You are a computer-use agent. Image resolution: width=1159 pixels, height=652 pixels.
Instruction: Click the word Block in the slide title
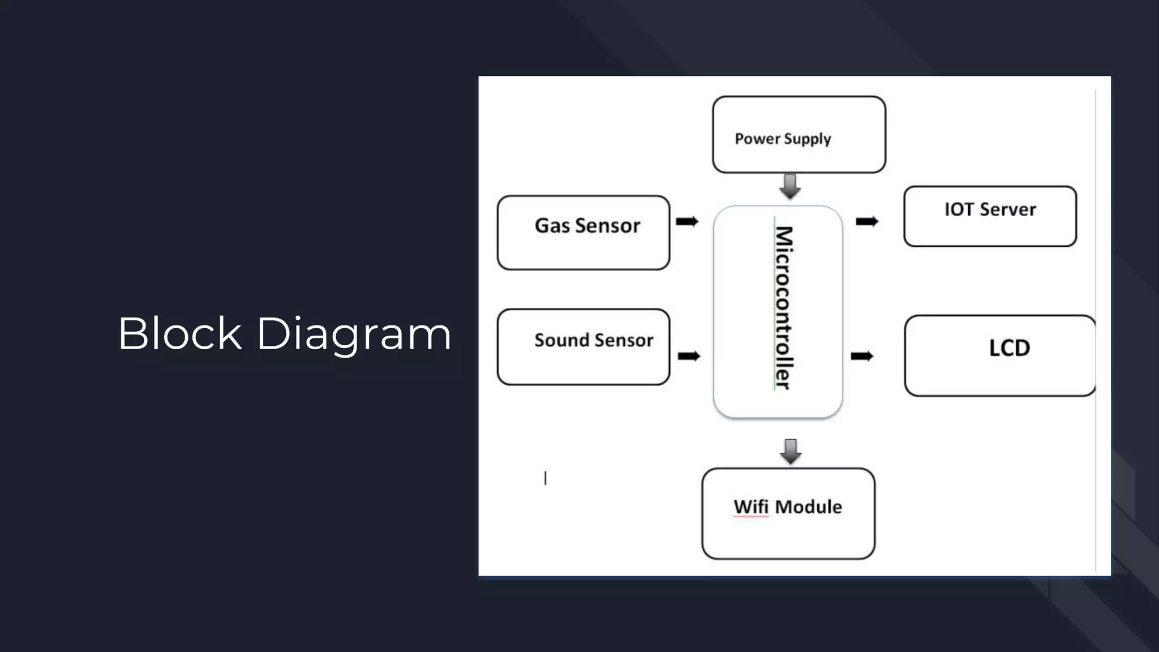(x=180, y=333)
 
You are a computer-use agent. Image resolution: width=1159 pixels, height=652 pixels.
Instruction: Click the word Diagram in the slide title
(x=354, y=334)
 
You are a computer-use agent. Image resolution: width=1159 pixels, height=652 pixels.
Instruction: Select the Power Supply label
(x=783, y=139)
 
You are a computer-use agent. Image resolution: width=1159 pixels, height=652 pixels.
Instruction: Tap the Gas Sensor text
(x=587, y=226)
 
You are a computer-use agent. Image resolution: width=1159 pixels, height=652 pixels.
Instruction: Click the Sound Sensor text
(x=594, y=340)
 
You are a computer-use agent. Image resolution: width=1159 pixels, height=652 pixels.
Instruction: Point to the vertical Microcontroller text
(x=783, y=308)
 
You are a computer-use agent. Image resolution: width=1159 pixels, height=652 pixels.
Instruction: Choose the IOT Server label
(x=990, y=209)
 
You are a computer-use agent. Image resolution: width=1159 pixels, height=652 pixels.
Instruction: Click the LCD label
(x=1009, y=348)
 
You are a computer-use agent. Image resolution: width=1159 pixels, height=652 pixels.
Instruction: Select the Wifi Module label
(x=788, y=507)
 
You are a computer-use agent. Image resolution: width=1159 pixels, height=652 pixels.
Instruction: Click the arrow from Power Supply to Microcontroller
(x=790, y=186)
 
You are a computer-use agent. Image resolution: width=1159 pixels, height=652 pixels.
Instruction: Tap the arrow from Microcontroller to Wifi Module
(x=791, y=451)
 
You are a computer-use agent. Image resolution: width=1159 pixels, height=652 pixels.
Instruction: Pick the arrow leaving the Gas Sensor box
(x=687, y=221)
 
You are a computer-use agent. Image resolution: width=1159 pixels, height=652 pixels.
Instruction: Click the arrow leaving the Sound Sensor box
(x=689, y=356)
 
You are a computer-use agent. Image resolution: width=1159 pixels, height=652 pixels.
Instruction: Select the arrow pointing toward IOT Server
(x=866, y=222)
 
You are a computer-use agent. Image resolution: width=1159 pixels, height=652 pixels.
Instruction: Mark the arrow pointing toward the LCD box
(x=862, y=356)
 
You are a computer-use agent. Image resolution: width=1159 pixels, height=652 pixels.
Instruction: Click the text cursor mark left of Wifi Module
(x=546, y=478)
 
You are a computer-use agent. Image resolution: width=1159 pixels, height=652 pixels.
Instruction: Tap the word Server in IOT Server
(x=1007, y=209)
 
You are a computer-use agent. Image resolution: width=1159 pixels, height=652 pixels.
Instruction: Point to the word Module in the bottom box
(x=808, y=507)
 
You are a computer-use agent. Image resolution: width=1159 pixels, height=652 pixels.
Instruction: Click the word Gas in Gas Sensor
(x=552, y=226)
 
